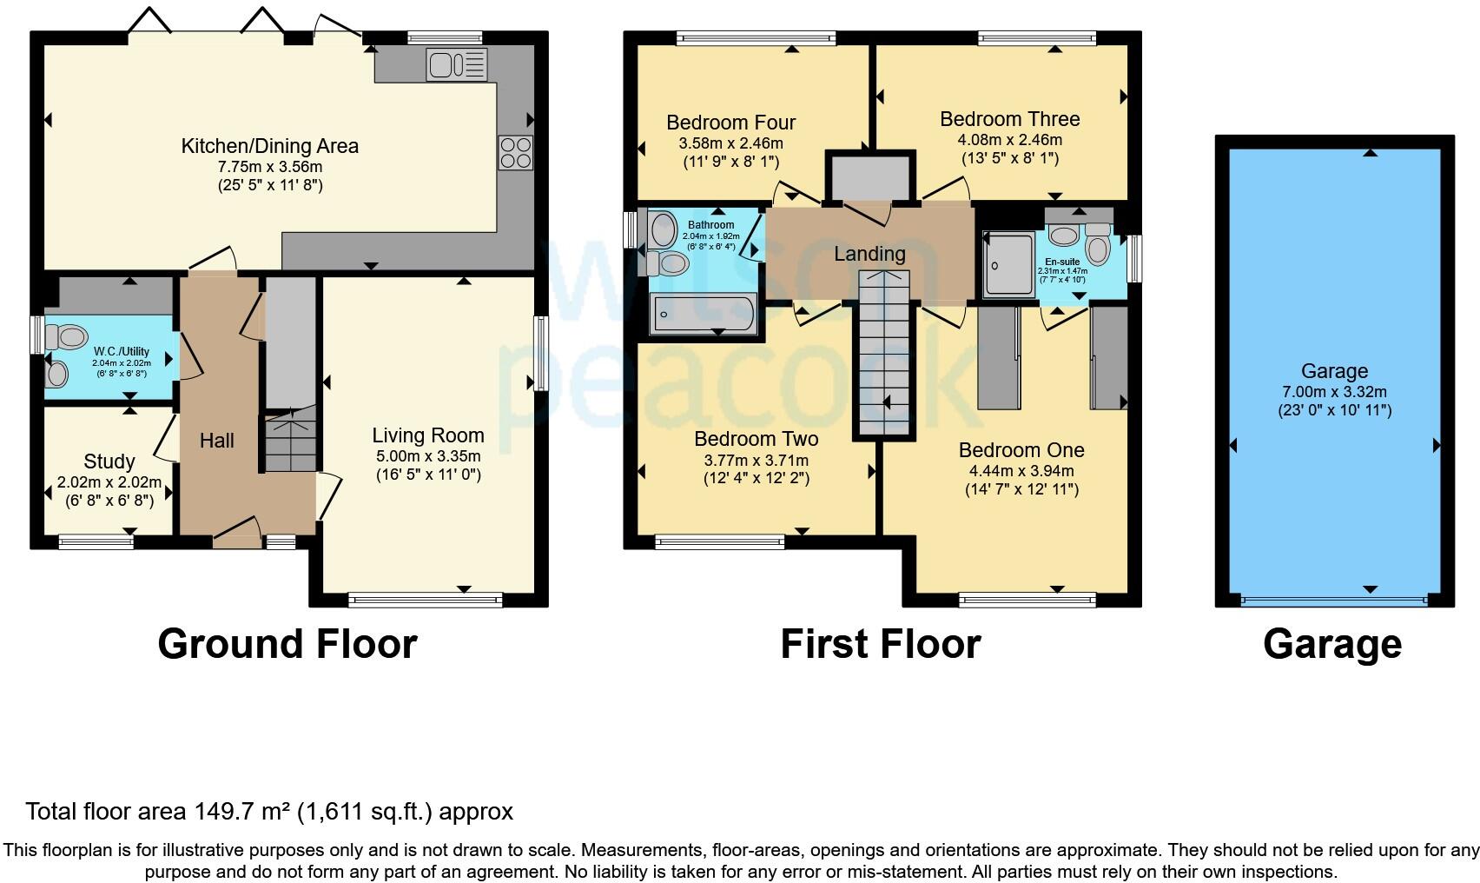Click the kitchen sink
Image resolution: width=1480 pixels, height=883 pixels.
[x=457, y=64]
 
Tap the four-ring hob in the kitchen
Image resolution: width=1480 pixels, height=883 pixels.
[x=515, y=153]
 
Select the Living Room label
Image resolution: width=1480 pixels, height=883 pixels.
[x=428, y=435]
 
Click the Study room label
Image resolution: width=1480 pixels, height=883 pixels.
[x=109, y=461]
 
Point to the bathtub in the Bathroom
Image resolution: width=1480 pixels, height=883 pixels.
[x=703, y=313]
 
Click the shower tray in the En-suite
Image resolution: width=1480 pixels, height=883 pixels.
[x=1009, y=263]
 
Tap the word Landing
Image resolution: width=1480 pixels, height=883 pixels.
[x=869, y=254]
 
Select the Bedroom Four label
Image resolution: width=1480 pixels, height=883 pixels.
[x=730, y=123]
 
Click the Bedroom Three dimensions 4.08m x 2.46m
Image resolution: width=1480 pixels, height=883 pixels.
[x=1009, y=140]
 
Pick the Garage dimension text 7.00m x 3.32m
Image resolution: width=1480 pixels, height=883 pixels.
[x=1335, y=392]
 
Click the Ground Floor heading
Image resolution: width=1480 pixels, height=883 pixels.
[x=287, y=644]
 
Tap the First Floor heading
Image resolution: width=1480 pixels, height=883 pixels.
[x=881, y=644]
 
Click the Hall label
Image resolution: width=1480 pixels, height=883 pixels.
[x=217, y=441]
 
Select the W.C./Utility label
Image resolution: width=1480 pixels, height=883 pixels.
[x=122, y=352]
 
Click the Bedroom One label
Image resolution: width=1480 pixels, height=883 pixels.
[x=1021, y=450]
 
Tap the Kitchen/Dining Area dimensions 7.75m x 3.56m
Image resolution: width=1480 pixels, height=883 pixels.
[x=270, y=167]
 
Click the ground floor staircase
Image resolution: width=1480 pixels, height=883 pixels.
[x=291, y=440]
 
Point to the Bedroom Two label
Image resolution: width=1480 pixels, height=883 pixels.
[x=757, y=439]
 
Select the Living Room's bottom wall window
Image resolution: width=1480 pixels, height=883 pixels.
[x=426, y=601]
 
